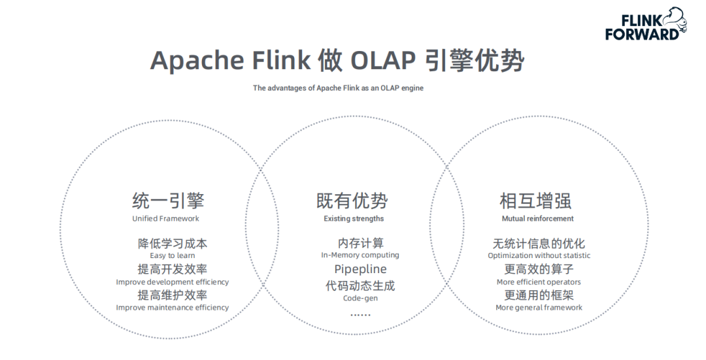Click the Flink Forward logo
[x=645, y=24]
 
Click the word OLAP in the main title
[x=382, y=60]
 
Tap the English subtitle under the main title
[x=338, y=88]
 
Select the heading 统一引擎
[x=168, y=201]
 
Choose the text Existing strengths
[x=354, y=219]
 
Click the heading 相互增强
[x=535, y=201]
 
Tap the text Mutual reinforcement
[x=537, y=219]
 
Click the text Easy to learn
[x=172, y=255]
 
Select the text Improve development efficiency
[x=173, y=282]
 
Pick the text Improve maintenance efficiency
[x=173, y=308]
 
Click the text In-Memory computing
[x=360, y=255]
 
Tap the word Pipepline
[x=360, y=269]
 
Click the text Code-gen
[x=360, y=299]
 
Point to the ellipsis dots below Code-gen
[x=360, y=315]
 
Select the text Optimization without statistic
[x=539, y=255]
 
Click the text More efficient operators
[x=539, y=282]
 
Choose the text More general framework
[x=539, y=308]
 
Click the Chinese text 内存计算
[x=360, y=244]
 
